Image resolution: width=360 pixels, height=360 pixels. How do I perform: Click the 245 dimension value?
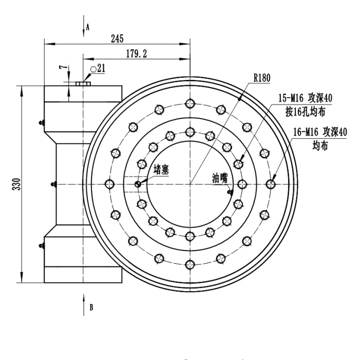[116, 39]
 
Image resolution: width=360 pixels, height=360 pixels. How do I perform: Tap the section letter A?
[88, 26]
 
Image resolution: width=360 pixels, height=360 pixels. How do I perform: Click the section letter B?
[91, 308]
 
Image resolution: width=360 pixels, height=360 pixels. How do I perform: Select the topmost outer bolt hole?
[190, 102]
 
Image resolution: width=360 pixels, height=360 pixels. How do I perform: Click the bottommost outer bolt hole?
[190, 265]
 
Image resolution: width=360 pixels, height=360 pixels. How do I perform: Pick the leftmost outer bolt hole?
[109, 184]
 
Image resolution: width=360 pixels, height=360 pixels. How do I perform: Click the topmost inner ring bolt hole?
[190, 131]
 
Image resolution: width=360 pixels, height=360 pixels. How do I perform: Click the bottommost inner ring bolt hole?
[190, 236]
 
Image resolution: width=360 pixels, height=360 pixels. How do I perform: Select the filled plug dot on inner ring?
[138, 184]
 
